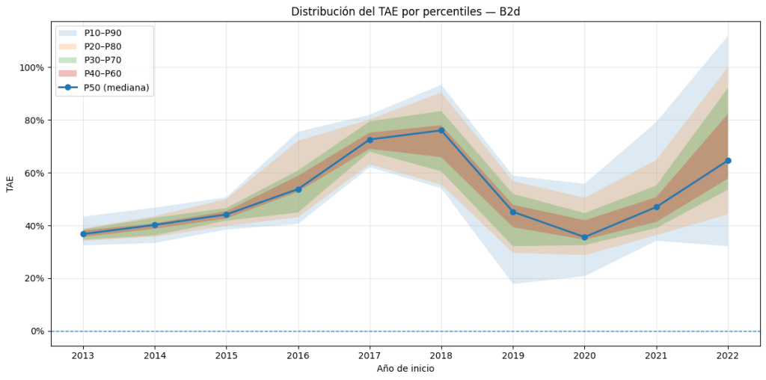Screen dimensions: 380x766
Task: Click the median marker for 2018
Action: point(441,130)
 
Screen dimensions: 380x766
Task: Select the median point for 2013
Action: point(83,234)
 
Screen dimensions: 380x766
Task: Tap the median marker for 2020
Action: point(584,237)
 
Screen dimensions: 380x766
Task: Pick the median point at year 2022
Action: point(728,161)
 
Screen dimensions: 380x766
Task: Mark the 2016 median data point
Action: point(298,189)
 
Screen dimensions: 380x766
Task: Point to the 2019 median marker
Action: point(513,212)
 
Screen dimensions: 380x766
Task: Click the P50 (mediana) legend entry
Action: point(116,88)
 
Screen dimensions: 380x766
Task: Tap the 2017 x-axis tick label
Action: point(370,355)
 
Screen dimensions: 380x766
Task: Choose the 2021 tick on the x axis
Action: point(656,355)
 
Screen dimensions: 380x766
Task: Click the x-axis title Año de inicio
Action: point(405,369)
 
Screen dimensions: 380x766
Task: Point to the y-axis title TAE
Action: point(10,184)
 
